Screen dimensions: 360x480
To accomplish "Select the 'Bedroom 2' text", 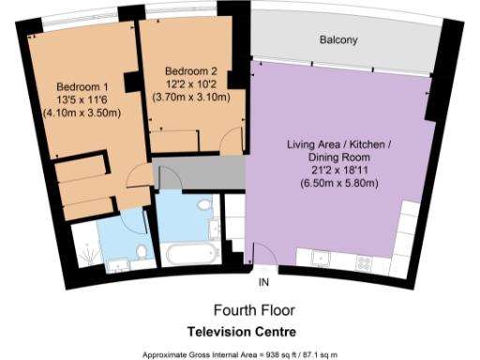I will (x=190, y=71).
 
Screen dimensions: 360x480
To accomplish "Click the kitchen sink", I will (x=320, y=256).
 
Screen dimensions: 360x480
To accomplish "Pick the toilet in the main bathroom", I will (x=203, y=205).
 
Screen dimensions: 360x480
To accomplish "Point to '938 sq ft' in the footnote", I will (x=282, y=354).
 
